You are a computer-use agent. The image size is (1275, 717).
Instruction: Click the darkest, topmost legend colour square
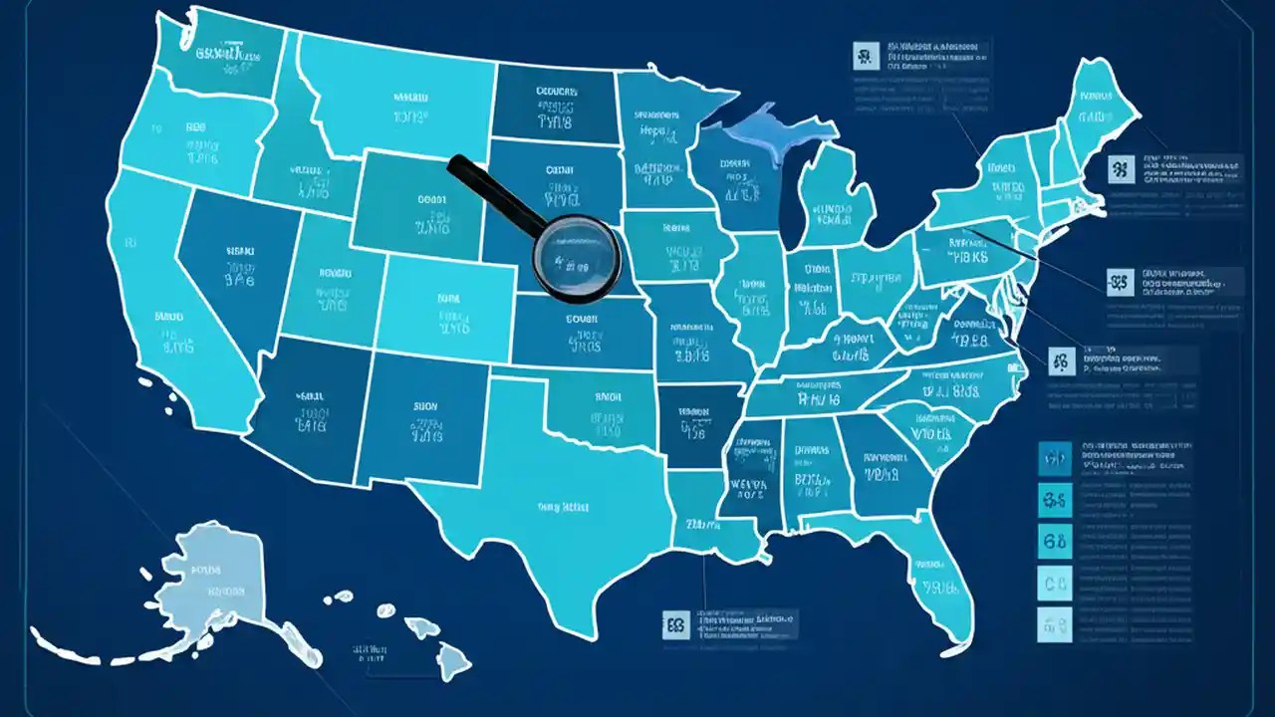point(1055,459)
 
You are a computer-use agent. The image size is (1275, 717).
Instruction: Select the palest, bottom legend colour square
point(1055,624)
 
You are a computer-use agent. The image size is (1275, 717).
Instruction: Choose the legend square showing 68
point(1055,542)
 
